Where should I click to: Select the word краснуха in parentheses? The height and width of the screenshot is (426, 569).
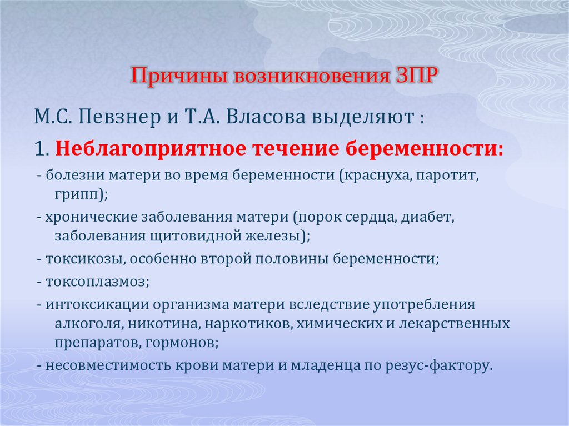(377, 176)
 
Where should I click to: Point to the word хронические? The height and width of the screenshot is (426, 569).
(91, 218)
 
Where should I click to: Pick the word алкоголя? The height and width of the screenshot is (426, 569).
(89, 323)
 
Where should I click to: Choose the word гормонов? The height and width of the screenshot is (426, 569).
(182, 343)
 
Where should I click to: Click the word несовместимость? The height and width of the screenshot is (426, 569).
(108, 365)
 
